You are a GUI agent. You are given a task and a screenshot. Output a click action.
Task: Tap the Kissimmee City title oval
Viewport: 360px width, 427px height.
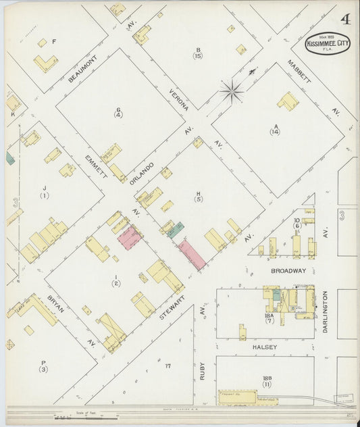[x=328, y=43]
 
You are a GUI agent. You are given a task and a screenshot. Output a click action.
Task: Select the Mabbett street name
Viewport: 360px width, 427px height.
[x=298, y=72]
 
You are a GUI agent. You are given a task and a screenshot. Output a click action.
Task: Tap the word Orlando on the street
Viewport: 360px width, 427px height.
[x=142, y=174]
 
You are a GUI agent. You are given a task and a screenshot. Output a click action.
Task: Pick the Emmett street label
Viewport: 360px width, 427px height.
[x=96, y=167]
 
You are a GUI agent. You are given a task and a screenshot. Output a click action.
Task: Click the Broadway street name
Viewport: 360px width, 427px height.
[x=288, y=270]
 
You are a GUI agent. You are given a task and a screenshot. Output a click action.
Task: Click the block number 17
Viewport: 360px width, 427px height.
[x=167, y=366]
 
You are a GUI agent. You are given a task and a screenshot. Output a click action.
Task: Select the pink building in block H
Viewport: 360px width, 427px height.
[x=191, y=255]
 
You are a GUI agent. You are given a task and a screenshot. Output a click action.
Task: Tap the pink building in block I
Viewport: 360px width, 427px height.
[x=129, y=238]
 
